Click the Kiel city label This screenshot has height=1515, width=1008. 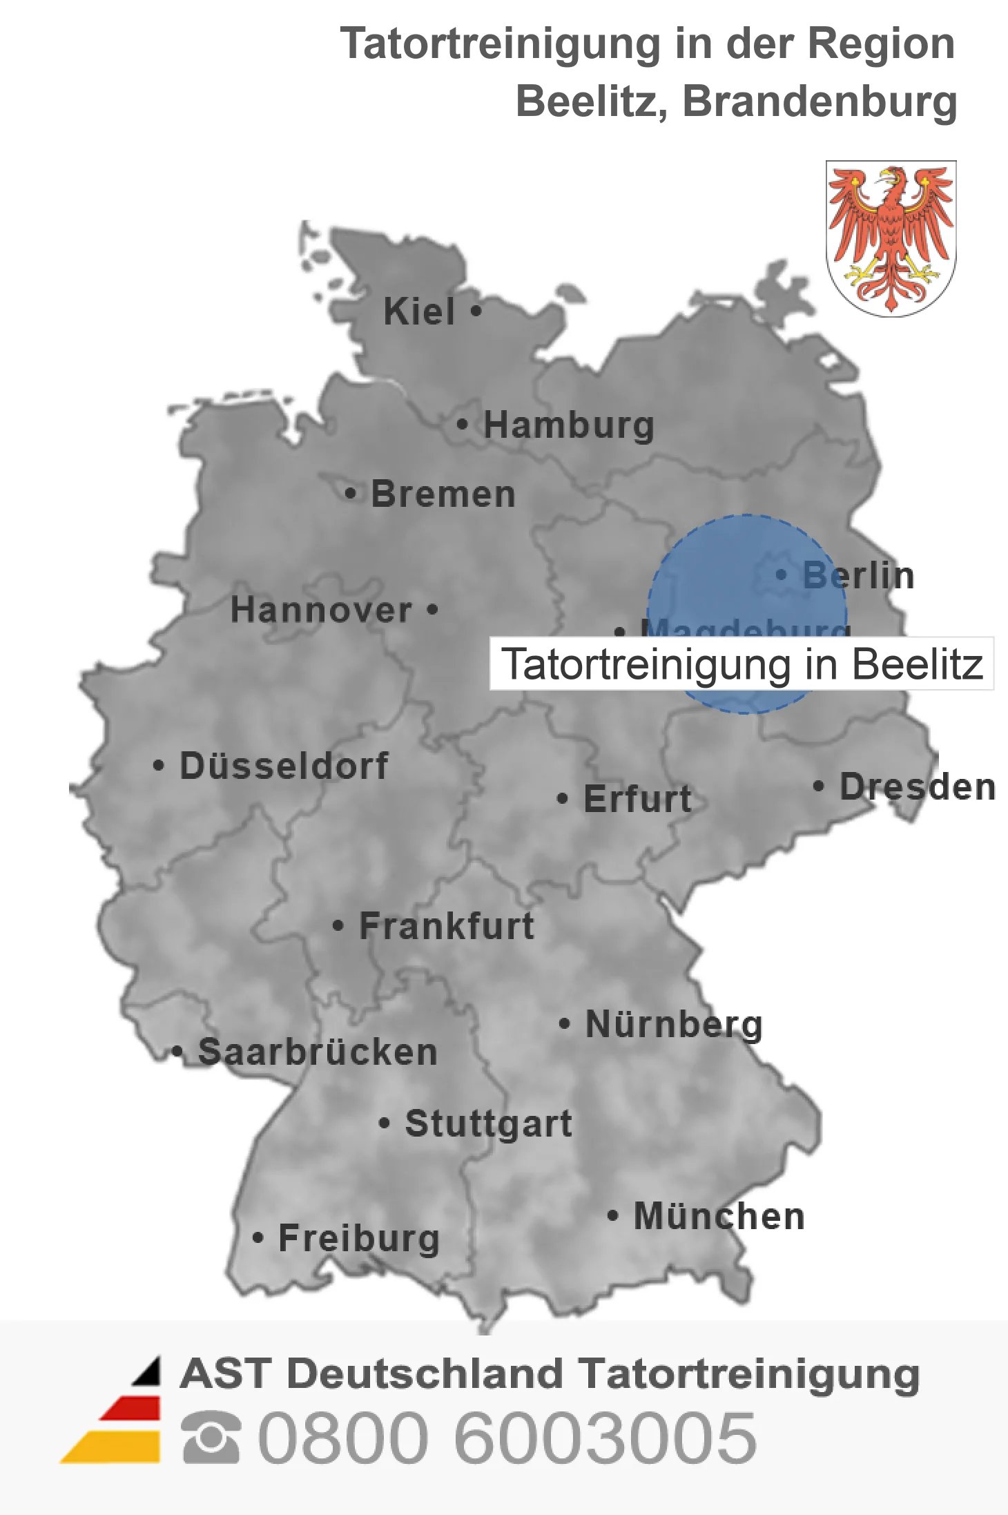click(419, 311)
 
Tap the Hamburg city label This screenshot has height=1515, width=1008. click(568, 425)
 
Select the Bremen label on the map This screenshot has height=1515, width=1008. click(443, 494)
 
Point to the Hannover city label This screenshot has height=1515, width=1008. click(321, 610)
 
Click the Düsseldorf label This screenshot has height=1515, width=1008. click(284, 766)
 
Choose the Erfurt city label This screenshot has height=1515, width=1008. click(637, 799)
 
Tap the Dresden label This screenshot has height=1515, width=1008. click(917, 787)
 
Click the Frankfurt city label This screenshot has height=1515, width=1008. click(447, 926)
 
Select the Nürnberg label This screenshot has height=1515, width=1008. click(674, 1024)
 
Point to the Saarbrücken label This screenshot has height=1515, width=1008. click(318, 1052)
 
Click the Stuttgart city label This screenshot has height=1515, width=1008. click(488, 1123)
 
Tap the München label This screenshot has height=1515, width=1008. click(719, 1216)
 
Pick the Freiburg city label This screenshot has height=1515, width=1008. click(359, 1238)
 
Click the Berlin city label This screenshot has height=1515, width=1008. click(858, 575)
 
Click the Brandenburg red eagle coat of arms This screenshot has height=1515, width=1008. click(891, 238)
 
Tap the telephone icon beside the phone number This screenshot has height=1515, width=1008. click(211, 1438)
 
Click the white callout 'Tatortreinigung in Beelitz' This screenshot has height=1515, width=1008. click(742, 664)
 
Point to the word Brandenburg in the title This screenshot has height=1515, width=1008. click(819, 102)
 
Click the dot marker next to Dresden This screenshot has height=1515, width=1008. click(818, 786)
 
